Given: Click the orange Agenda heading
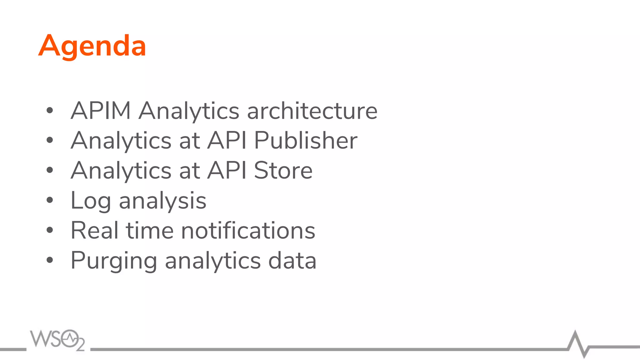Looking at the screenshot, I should [92, 46].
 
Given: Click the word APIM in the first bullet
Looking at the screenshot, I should [101, 111].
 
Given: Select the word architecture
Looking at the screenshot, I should [312, 111].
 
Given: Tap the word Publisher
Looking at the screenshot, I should [306, 140].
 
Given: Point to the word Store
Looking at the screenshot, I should [283, 170].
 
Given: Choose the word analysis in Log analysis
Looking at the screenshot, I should [162, 201].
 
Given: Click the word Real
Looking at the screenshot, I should [94, 230].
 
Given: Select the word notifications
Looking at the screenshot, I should [248, 230].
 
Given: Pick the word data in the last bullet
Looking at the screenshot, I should [292, 260].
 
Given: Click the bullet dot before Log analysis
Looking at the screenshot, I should [50, 200].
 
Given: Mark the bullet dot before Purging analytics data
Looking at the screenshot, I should [50, 260].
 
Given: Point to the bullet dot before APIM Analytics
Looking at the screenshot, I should [50, 110].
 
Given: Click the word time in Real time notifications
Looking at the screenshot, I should [149, 230].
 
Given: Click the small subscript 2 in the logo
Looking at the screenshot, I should [80, 345].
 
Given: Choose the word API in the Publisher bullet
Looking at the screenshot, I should [227, 140].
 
